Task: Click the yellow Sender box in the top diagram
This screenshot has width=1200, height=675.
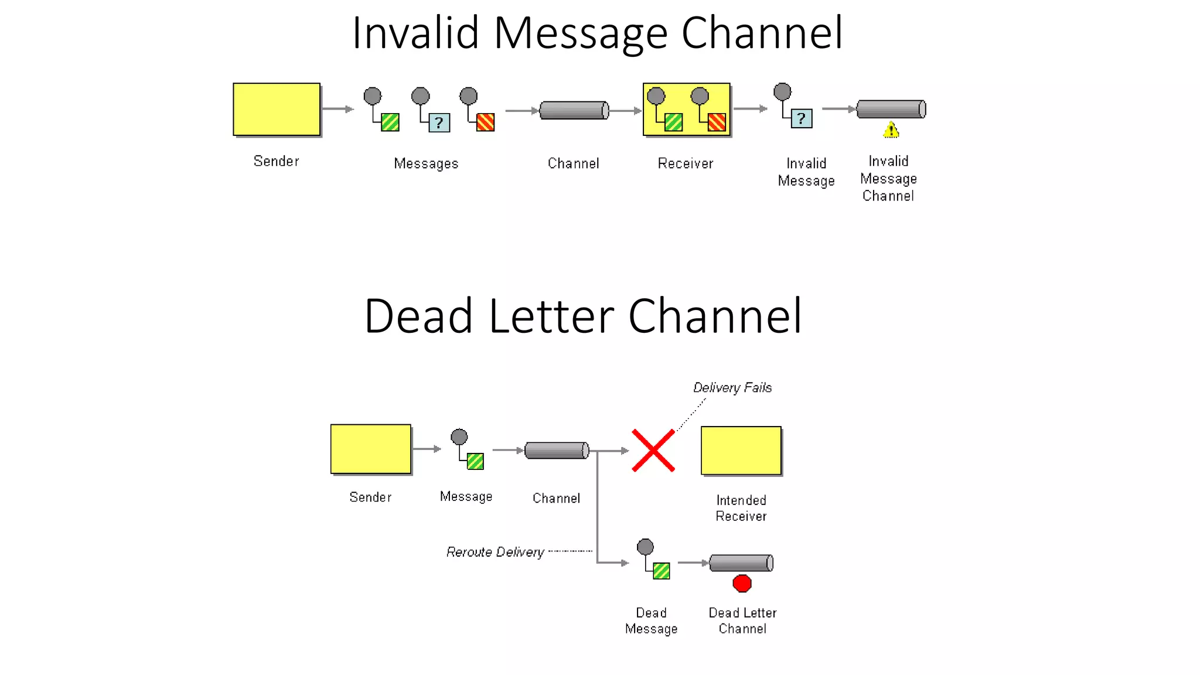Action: [277, 110]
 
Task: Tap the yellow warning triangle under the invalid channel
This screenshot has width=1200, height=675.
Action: [891, 130]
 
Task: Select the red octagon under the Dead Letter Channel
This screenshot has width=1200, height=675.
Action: [742, 583]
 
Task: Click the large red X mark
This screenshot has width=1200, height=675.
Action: [653, 451]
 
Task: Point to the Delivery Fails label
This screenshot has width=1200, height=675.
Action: [732, 387]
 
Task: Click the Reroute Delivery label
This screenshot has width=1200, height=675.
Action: [495, 552]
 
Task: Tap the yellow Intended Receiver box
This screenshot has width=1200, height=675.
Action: [741, 451]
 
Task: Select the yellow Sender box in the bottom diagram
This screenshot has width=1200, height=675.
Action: [370, 449]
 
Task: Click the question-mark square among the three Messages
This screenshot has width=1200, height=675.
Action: [439, 122]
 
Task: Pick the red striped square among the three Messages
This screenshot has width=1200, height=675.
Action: [485, 122]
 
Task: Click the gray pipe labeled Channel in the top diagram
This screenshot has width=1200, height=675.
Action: [574, 110]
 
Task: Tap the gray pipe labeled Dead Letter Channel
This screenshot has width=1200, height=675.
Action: [741, 562]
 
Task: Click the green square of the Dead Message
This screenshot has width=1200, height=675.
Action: [661, 571]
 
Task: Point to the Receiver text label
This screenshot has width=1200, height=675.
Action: [685, 163]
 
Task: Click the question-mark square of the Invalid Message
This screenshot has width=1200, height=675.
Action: [801, 118]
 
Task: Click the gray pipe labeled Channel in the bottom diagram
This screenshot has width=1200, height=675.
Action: [557, 450]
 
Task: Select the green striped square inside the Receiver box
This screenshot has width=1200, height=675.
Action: [673, 122]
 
